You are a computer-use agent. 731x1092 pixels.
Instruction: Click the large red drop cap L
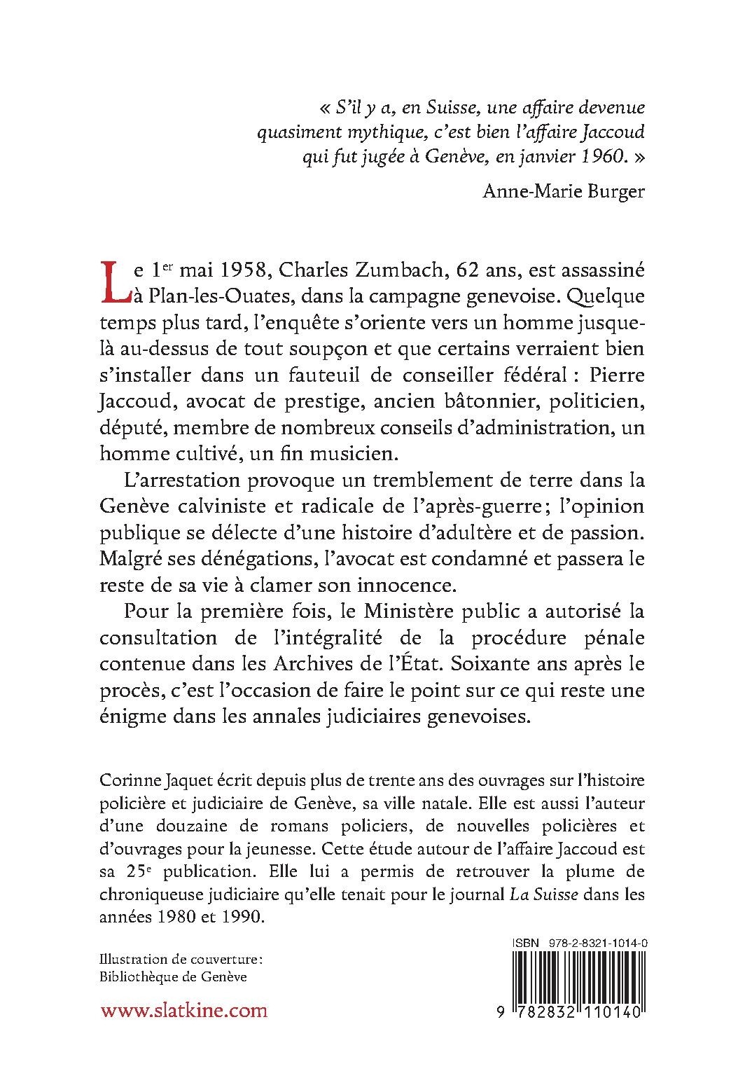(x=116, y=283)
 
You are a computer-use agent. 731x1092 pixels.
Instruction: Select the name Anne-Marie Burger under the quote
(x=564, y=191)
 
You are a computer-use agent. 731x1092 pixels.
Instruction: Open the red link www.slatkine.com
(x=183, y=1030)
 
